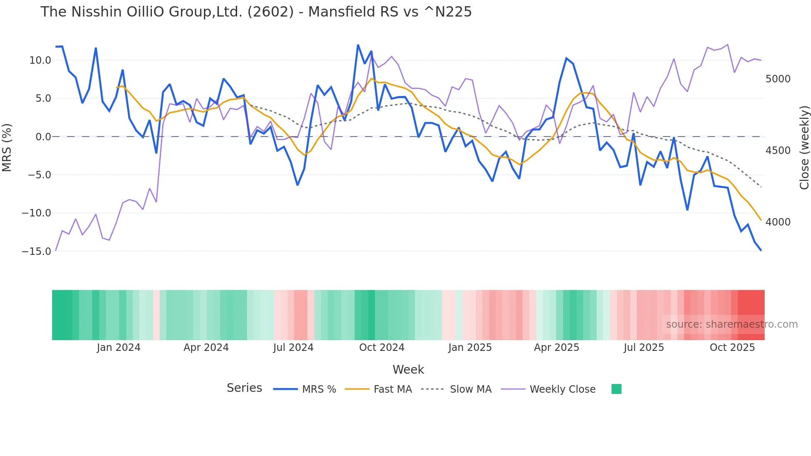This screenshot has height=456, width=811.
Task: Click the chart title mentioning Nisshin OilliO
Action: [256, 12]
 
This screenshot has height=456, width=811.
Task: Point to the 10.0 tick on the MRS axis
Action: [40, 60]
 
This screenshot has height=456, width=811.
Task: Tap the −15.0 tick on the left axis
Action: [36, 251]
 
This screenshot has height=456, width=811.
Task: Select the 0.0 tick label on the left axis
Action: [43, 137]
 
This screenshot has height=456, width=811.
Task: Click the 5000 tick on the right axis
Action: [778, 79]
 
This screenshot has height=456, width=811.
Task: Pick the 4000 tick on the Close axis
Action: [778, 222]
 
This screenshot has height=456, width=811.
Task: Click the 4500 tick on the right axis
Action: [778, 151]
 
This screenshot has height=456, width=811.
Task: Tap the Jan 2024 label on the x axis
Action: [119, 348]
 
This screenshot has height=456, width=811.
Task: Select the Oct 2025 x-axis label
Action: [732, 348]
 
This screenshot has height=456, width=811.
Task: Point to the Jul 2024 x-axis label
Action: [293, 348]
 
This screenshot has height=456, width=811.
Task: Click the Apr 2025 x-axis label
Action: [556, 348]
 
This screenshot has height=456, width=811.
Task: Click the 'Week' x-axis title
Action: [408, 370]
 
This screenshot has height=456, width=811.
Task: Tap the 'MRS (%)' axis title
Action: [7, 147]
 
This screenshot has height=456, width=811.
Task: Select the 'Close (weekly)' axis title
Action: [804, 148]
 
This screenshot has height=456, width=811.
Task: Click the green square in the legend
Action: [616, 389]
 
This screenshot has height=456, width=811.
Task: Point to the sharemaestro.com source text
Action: [732, 324]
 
